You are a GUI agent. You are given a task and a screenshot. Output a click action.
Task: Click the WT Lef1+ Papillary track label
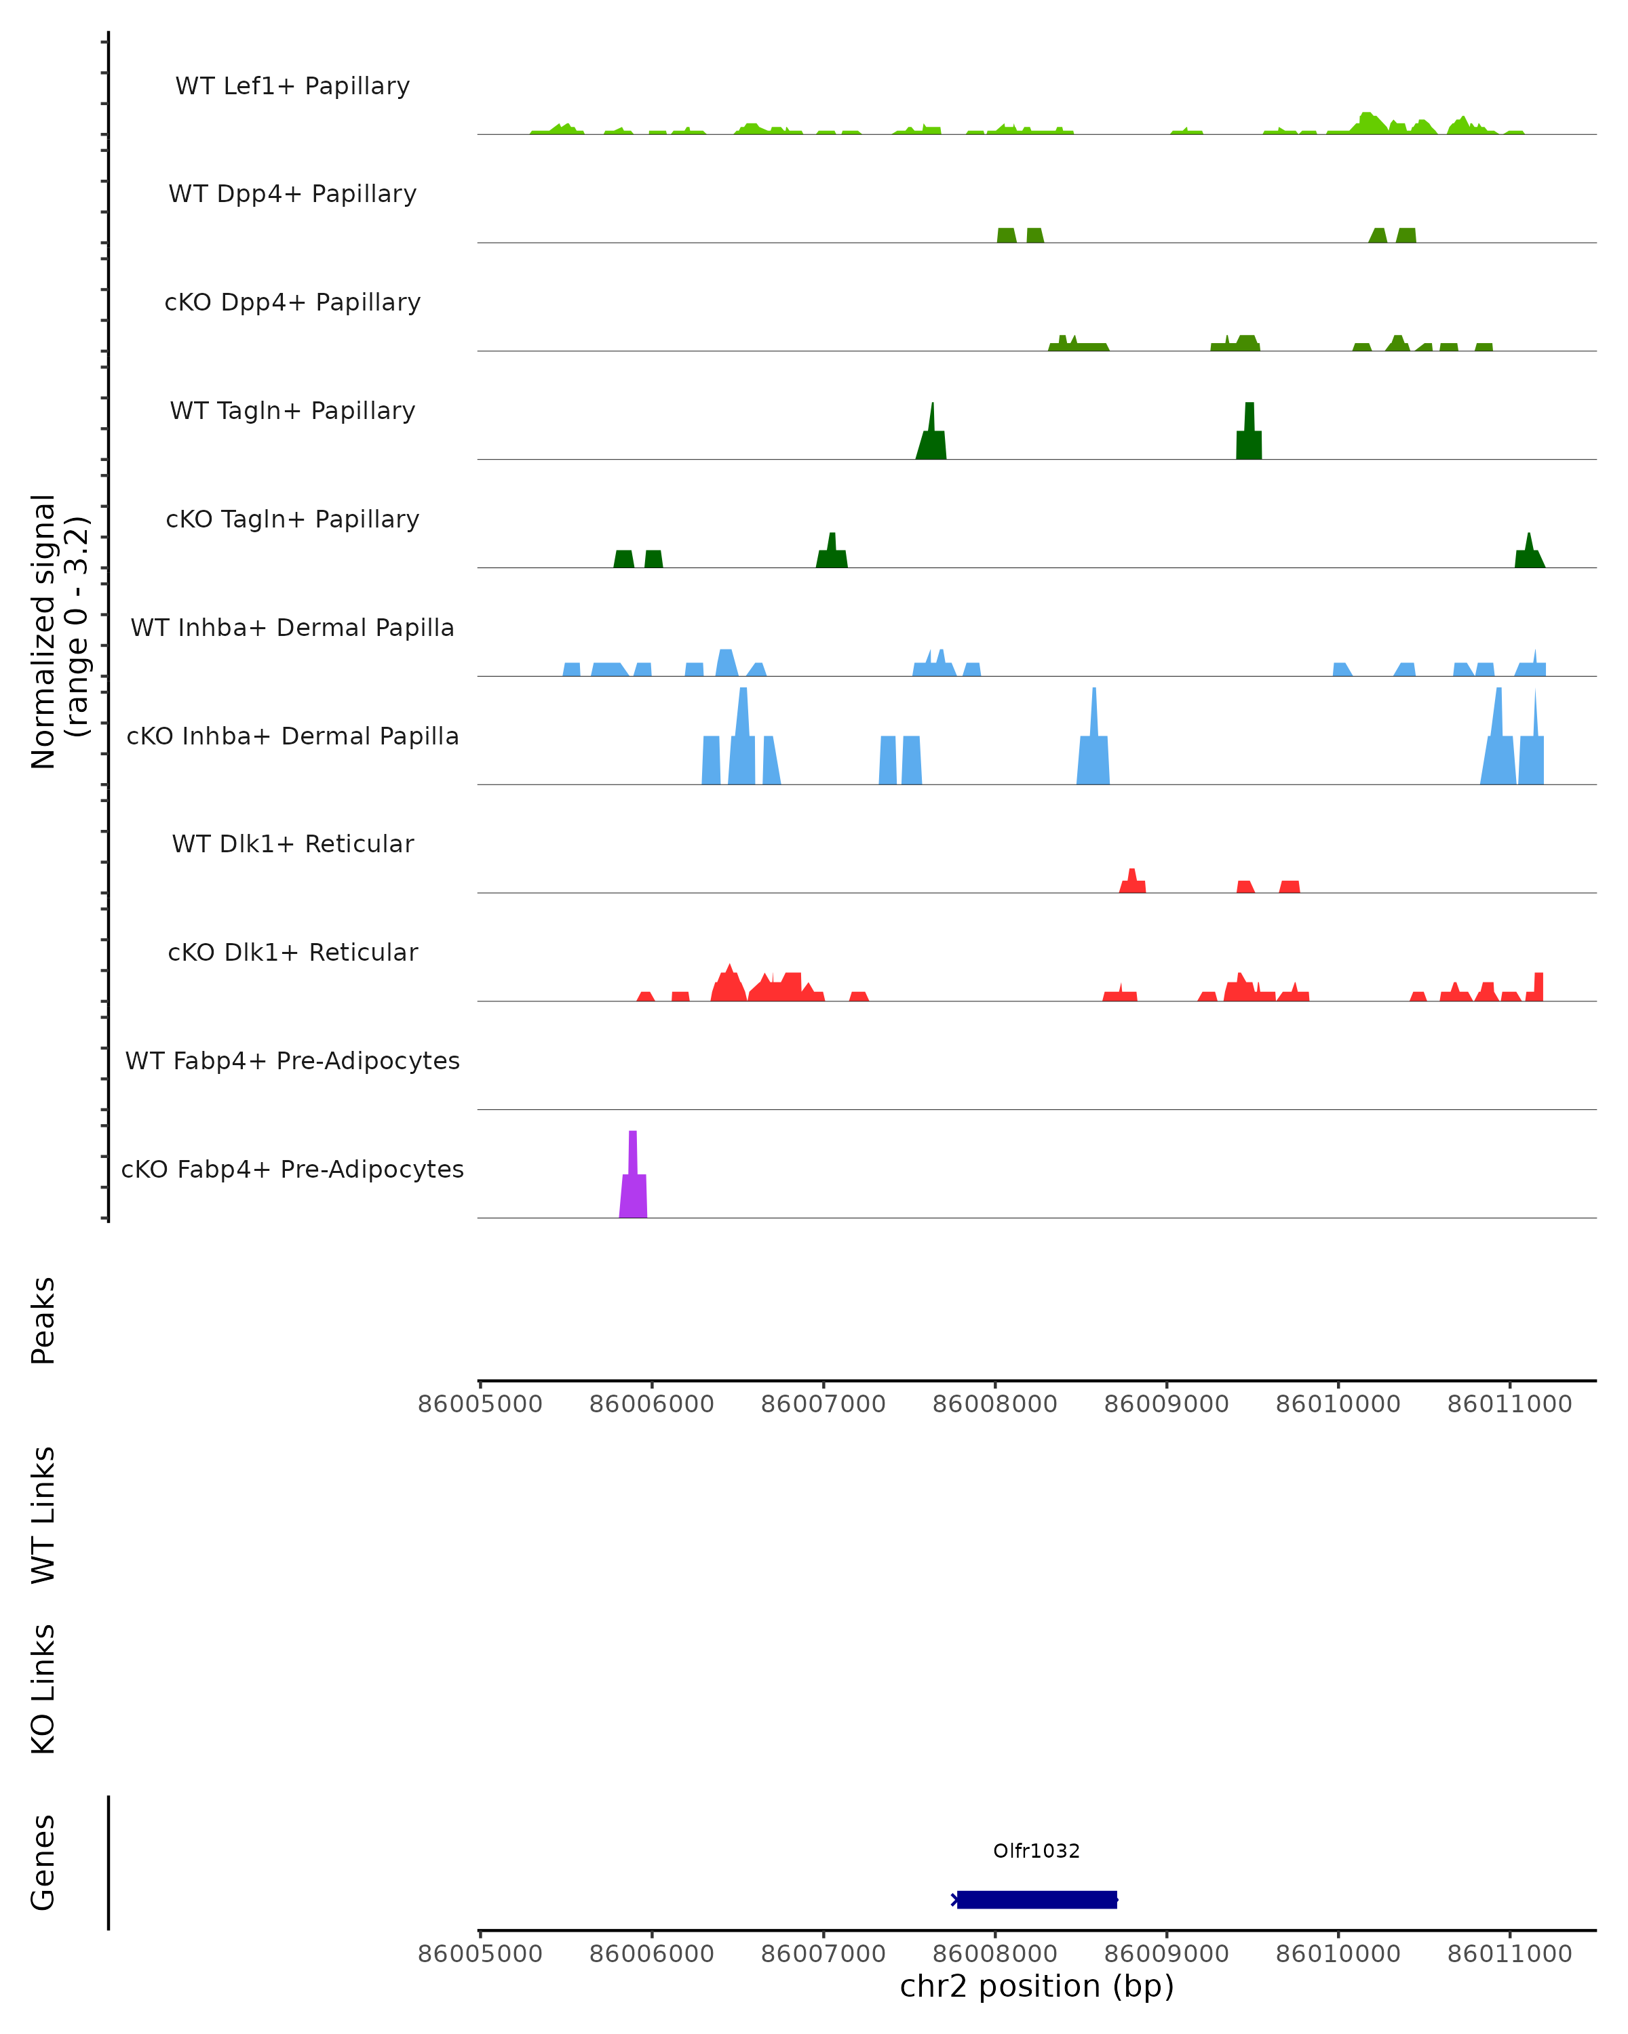coord(292,86)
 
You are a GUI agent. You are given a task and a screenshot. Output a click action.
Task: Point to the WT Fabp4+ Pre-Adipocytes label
coord(292,1060)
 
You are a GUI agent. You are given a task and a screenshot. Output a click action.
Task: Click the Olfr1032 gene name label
coord(1036,1851)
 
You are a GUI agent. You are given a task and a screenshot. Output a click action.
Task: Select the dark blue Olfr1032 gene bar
coord(1036,1899)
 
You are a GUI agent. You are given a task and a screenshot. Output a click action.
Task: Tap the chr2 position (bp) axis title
coord(1036,1986)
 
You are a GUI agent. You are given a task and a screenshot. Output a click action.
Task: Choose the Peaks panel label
coord(43,1320)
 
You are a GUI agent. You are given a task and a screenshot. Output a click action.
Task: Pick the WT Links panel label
coord(43,1514)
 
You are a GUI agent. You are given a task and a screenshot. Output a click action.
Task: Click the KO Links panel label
coord(43,1689)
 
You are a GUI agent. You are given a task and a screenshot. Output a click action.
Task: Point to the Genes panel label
coord(43,1862)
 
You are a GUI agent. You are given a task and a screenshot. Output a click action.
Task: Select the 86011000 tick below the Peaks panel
coord(1509,1404)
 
